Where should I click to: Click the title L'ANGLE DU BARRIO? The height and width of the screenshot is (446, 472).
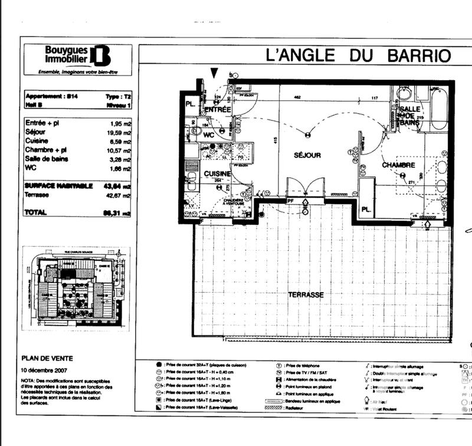click(359, 56)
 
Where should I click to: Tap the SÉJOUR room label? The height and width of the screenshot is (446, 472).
click(307, 155)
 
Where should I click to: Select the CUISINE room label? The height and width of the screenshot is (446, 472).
click(217, 174)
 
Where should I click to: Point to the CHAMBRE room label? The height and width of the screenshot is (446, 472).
click(399, 165)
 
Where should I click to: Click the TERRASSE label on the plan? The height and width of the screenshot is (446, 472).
click(306, 294)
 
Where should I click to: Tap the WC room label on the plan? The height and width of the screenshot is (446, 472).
click(208, 135)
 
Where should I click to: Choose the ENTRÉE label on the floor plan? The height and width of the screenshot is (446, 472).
click(218, 110)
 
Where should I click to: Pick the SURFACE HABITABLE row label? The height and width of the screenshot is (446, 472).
click(58, 186)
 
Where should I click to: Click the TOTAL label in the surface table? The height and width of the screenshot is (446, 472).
click(35, 212)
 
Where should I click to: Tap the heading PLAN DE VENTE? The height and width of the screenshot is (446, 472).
click(47, 358)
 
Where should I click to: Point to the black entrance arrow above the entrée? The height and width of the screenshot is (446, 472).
click(214, 72)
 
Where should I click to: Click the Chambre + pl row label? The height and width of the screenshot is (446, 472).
click(47, 150)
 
